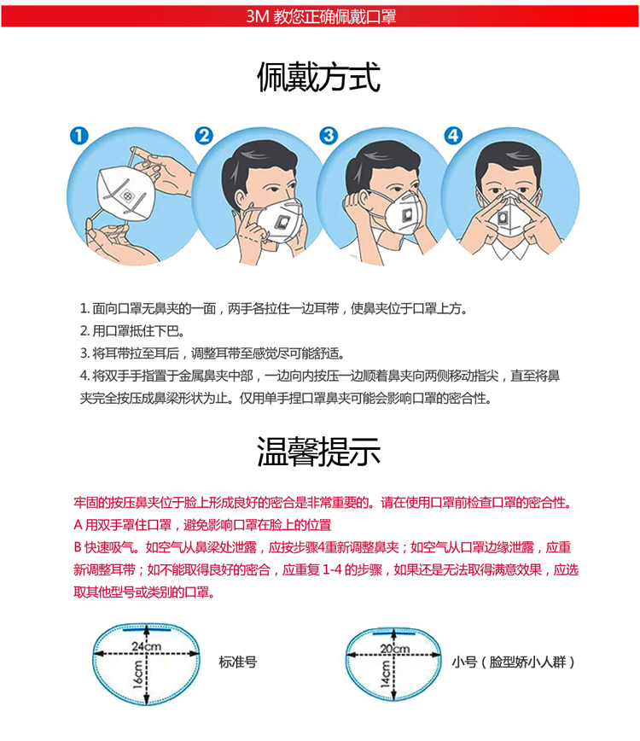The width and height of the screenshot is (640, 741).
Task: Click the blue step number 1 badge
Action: click(x=79, y=136)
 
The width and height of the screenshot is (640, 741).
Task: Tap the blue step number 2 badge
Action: click(x=204, y=136)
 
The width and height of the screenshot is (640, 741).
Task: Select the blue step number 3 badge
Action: click(x=329, y=136)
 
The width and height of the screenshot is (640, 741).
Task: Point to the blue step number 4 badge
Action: click(x=453, y=136)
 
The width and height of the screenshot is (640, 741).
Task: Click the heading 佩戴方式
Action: click(x=319, y=77)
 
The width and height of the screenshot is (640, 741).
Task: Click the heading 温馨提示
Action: click(x=319, y=452)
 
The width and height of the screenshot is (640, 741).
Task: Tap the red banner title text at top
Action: click(x=321, y=16)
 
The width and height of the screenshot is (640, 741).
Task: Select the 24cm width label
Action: click(x=147, y=646)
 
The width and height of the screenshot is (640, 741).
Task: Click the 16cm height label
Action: click(x=137, y=674)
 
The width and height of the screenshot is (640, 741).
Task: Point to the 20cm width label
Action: click(x=395, y=649)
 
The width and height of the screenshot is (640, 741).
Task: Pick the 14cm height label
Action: click(x=386, y=674)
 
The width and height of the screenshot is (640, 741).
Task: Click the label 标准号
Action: click(x=237, y=662)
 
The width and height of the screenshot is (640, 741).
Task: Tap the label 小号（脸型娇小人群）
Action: click(x=513, y=662)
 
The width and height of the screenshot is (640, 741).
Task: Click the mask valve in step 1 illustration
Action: click(x=128, y=195)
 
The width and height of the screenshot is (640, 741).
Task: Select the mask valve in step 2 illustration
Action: click(x=283, y=221)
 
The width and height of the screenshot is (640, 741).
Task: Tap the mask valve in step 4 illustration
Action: click(x=503, y=219)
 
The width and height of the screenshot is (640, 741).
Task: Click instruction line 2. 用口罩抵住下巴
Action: click(x=132, y=331)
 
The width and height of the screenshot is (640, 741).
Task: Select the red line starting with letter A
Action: click(x=202, y=524)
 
